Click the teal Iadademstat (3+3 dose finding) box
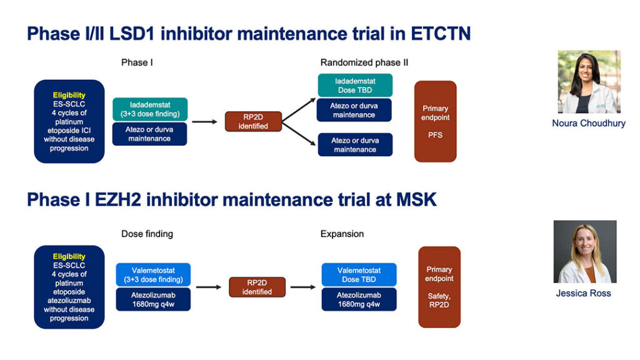click(x=150, y=109)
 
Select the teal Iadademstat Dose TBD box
click(x=355, y=85)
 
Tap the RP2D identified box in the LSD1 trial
click(x=253, y=122)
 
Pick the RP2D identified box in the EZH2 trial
click(x=257, y=287)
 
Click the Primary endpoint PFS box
click(x=435, y=121)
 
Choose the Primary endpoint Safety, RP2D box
click(x=439, y=287)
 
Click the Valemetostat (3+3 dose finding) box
click(x=153, y=275)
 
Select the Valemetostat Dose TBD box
click(x=359, y=275)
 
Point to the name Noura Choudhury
click(x=589, y=123)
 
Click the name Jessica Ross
click(x=583, y=293)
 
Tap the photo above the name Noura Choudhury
click(x=589, y=82)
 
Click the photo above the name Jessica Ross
click(x=585, y=251)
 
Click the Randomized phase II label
click(x=364, y=62)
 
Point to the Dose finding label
click(x=147, y=234)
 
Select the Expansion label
click(x=342, y=234)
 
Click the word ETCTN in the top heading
click(x=441, y=34)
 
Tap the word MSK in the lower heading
click(x=416, y=199)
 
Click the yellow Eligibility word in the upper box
click(x=69, y=95)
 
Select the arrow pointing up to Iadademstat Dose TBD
click(x=299, y=110)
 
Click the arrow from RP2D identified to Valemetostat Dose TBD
click(x=303, y=287)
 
